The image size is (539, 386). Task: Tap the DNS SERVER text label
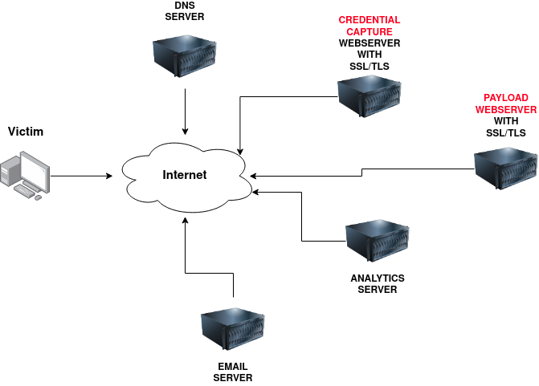tap(185, 11)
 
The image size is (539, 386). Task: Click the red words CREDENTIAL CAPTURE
tap(369, 25)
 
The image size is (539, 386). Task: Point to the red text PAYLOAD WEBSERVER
tap(505, 102)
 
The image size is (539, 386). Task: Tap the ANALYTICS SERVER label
tap(377, 283)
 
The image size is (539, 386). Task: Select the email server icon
tap(232, 330)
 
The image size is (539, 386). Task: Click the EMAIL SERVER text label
tap(232, 372)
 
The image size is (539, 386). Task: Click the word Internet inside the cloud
tap(184, 175)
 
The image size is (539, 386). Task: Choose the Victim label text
tap(25, 132)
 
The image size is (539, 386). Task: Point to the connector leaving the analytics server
tap(301, 217)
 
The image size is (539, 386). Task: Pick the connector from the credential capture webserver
tap(241, 120)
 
